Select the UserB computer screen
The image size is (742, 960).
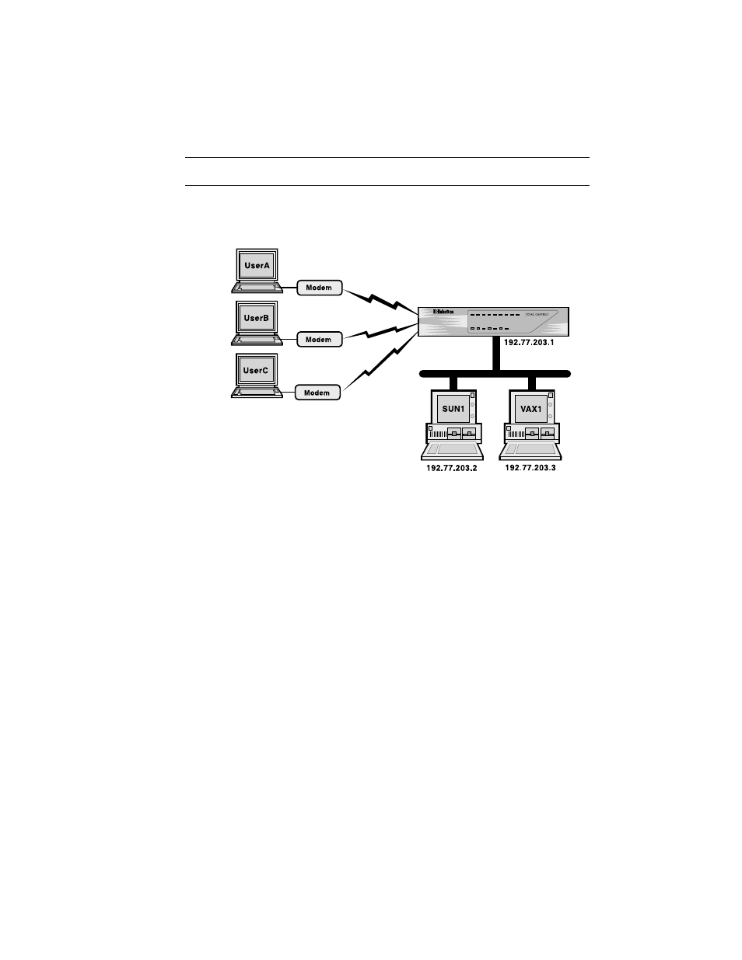click(x=256, y=318)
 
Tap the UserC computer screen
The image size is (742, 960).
click(x=255, y=371)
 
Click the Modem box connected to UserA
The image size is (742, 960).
click(x=319, y=288)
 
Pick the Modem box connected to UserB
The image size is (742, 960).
click(x=318, y=340)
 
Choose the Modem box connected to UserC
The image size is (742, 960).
click(x=317, y=393)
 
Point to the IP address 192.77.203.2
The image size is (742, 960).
click(x=452, y=469)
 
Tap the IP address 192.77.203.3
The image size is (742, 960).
click(x=530, y=469)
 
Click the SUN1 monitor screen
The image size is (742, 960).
click(x=450, y=407)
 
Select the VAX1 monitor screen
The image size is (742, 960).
click(x=529, y=407)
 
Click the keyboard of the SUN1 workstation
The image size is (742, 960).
click(x=452, y=450)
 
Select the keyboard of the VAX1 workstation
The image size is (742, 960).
click(x=530, y=450)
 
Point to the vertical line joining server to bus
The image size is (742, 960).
click(x=495, y=354)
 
